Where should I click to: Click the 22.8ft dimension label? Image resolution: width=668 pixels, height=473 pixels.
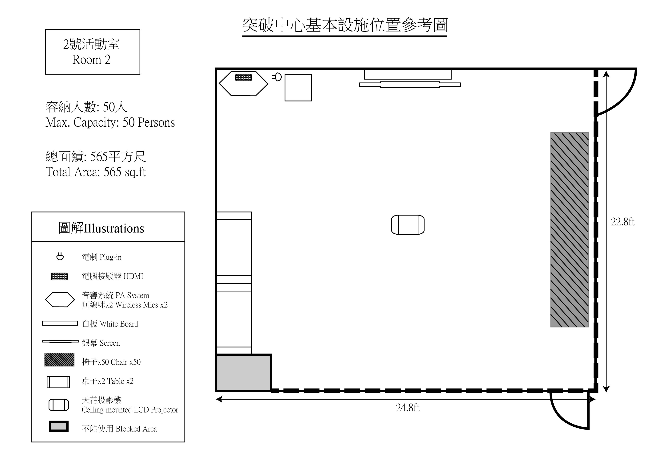pyautogui.click(x=623, y=222)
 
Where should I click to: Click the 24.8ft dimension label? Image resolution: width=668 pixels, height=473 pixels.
pyautogui.click(x=408, y=408)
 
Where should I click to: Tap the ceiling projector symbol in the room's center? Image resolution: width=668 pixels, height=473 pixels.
pyautogui.click(x=408, y=225)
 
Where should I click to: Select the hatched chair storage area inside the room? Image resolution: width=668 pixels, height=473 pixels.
pyautogui.click(x=569, y=230)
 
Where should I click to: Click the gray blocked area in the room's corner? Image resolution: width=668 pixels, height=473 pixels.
pyautogui.click(x=243, y=372)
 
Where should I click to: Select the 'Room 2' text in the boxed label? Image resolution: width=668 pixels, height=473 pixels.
pyautogui.click(x=91, y=60)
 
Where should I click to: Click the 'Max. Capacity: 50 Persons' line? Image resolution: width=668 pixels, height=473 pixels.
pyautogui.click(x=110, y=123)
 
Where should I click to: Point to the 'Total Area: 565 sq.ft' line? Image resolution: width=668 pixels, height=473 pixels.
pyautogui.click(x=95, y=172)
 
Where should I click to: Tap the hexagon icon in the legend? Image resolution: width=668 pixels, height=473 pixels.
pyautogui.click(x=60, y=300)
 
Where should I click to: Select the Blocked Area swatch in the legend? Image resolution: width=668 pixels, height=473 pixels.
pyautogui.click(x=58, y=426)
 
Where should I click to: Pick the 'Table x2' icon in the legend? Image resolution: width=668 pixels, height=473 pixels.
pyautogui.click(x=58, y=382)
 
